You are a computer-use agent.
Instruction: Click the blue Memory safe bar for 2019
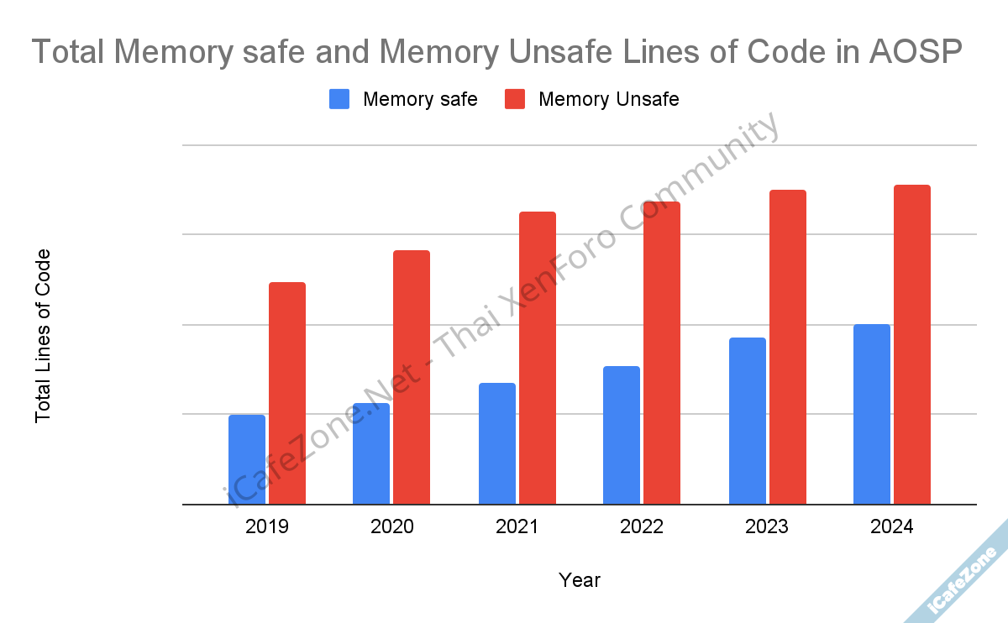coord(246,459)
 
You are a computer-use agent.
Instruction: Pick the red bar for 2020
coord(412,377)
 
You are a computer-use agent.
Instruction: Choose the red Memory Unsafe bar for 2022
coord(662,353)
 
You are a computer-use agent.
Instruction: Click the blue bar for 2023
coord(747,421)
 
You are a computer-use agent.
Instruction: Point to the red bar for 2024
coord(912,344)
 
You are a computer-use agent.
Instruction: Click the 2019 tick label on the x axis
coord(267,527)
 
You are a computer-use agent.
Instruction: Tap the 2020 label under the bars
coord(391,527)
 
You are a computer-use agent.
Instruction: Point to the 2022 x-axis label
coord(642,527)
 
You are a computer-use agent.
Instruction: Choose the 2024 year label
coord(891,527)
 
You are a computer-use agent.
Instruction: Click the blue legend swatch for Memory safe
coord(339,99)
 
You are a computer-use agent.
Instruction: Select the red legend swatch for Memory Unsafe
coord(515,99)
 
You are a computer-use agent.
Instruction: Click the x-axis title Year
coord(580,580)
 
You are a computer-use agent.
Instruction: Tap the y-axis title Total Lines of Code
coord(43,336)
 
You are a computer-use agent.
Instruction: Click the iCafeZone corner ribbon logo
coord(963,580)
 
